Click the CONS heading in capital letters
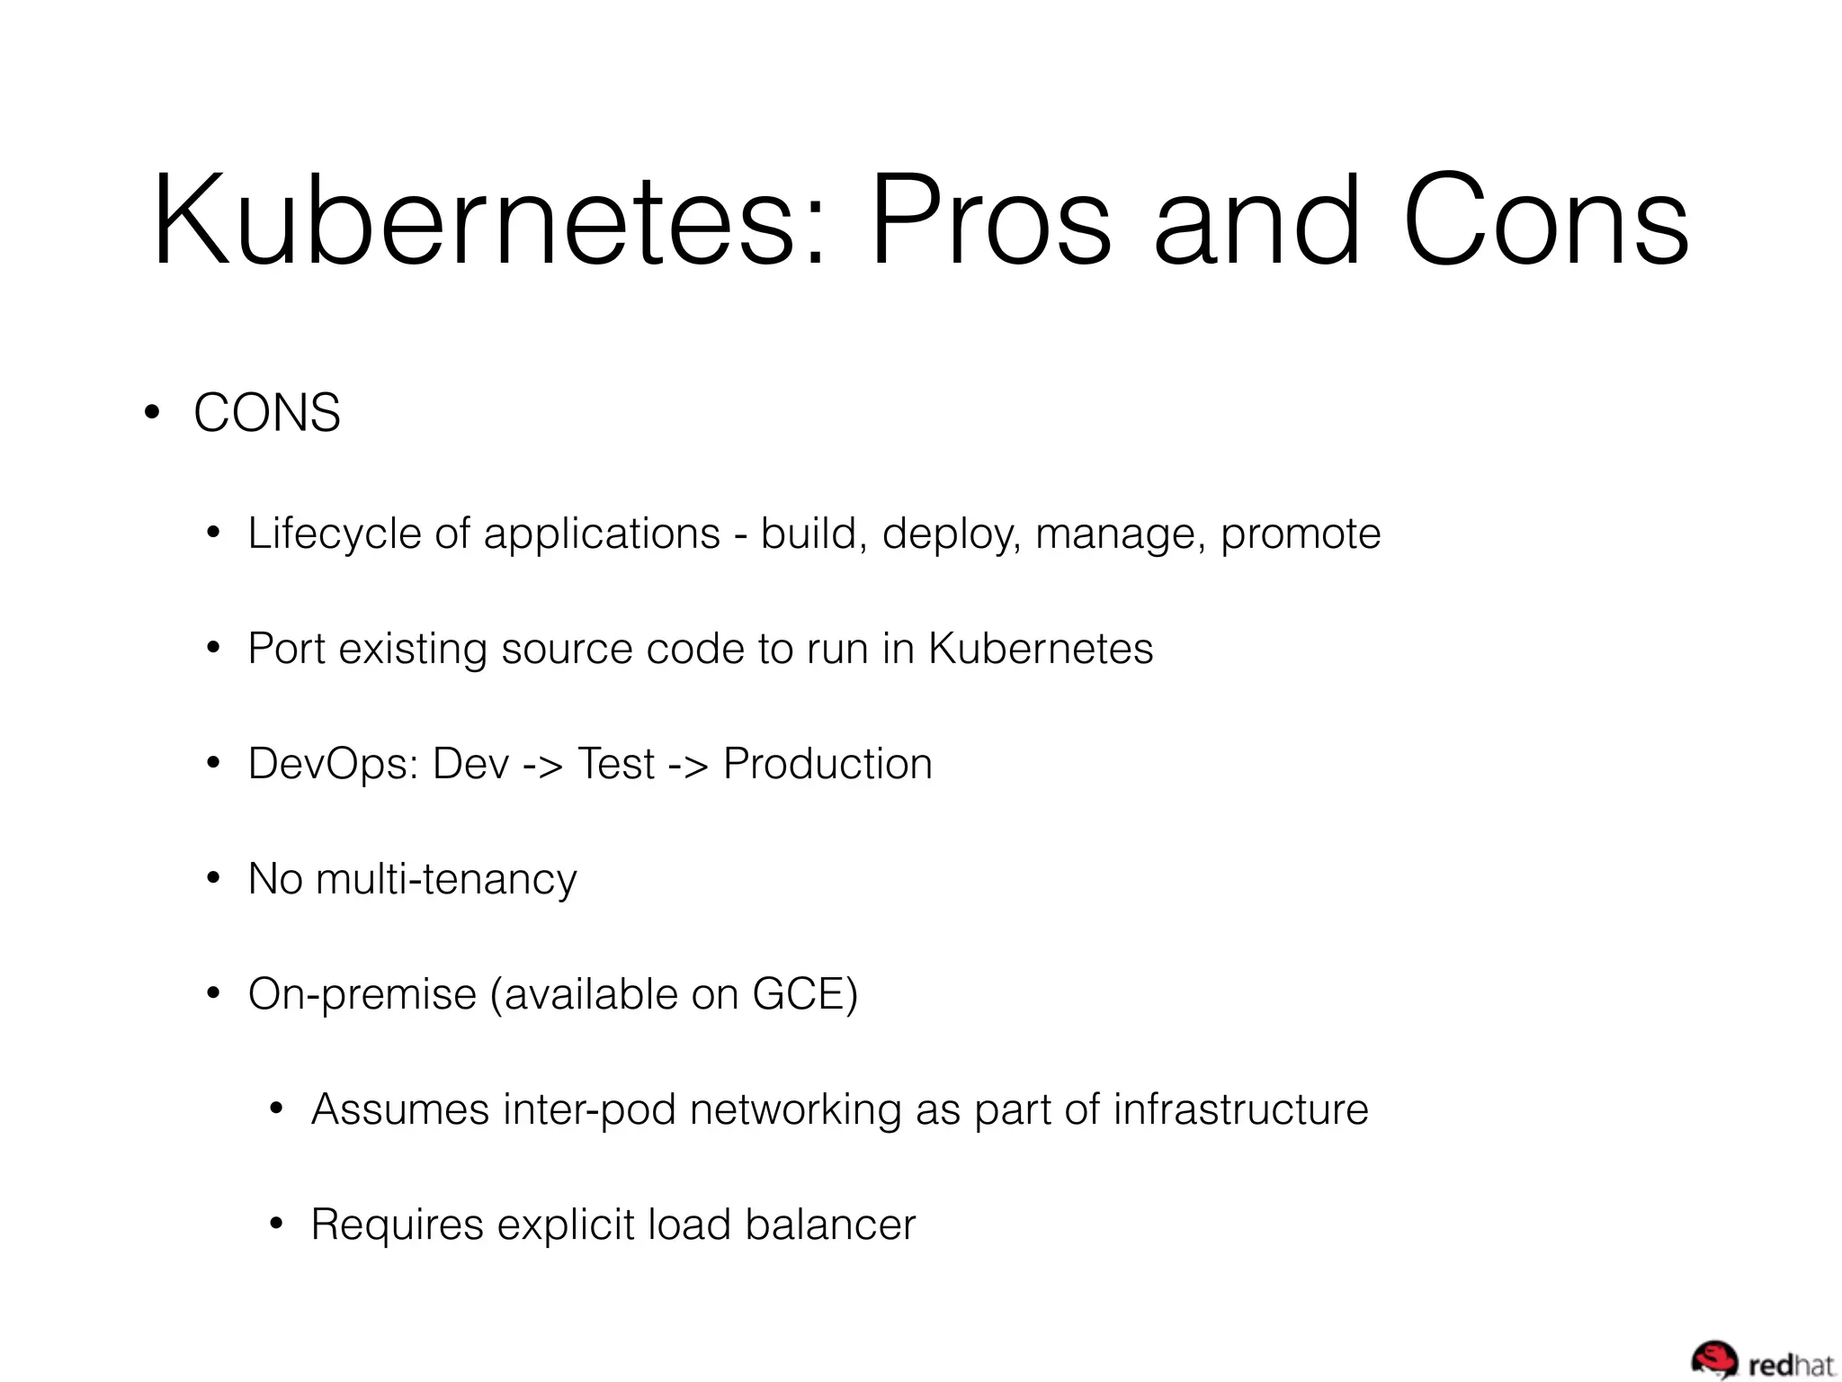coord(267,413)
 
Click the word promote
coord(1300,534)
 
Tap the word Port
coord(286,649)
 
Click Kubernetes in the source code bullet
coord(1041,649)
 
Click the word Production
coord(827,764)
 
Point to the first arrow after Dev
coord(543,765)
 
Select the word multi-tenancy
coord(446,879)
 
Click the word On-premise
coord(362,994)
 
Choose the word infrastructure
coord(1240,1109)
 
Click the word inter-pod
coord(589,1109)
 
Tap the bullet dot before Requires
coord(277,1225)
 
